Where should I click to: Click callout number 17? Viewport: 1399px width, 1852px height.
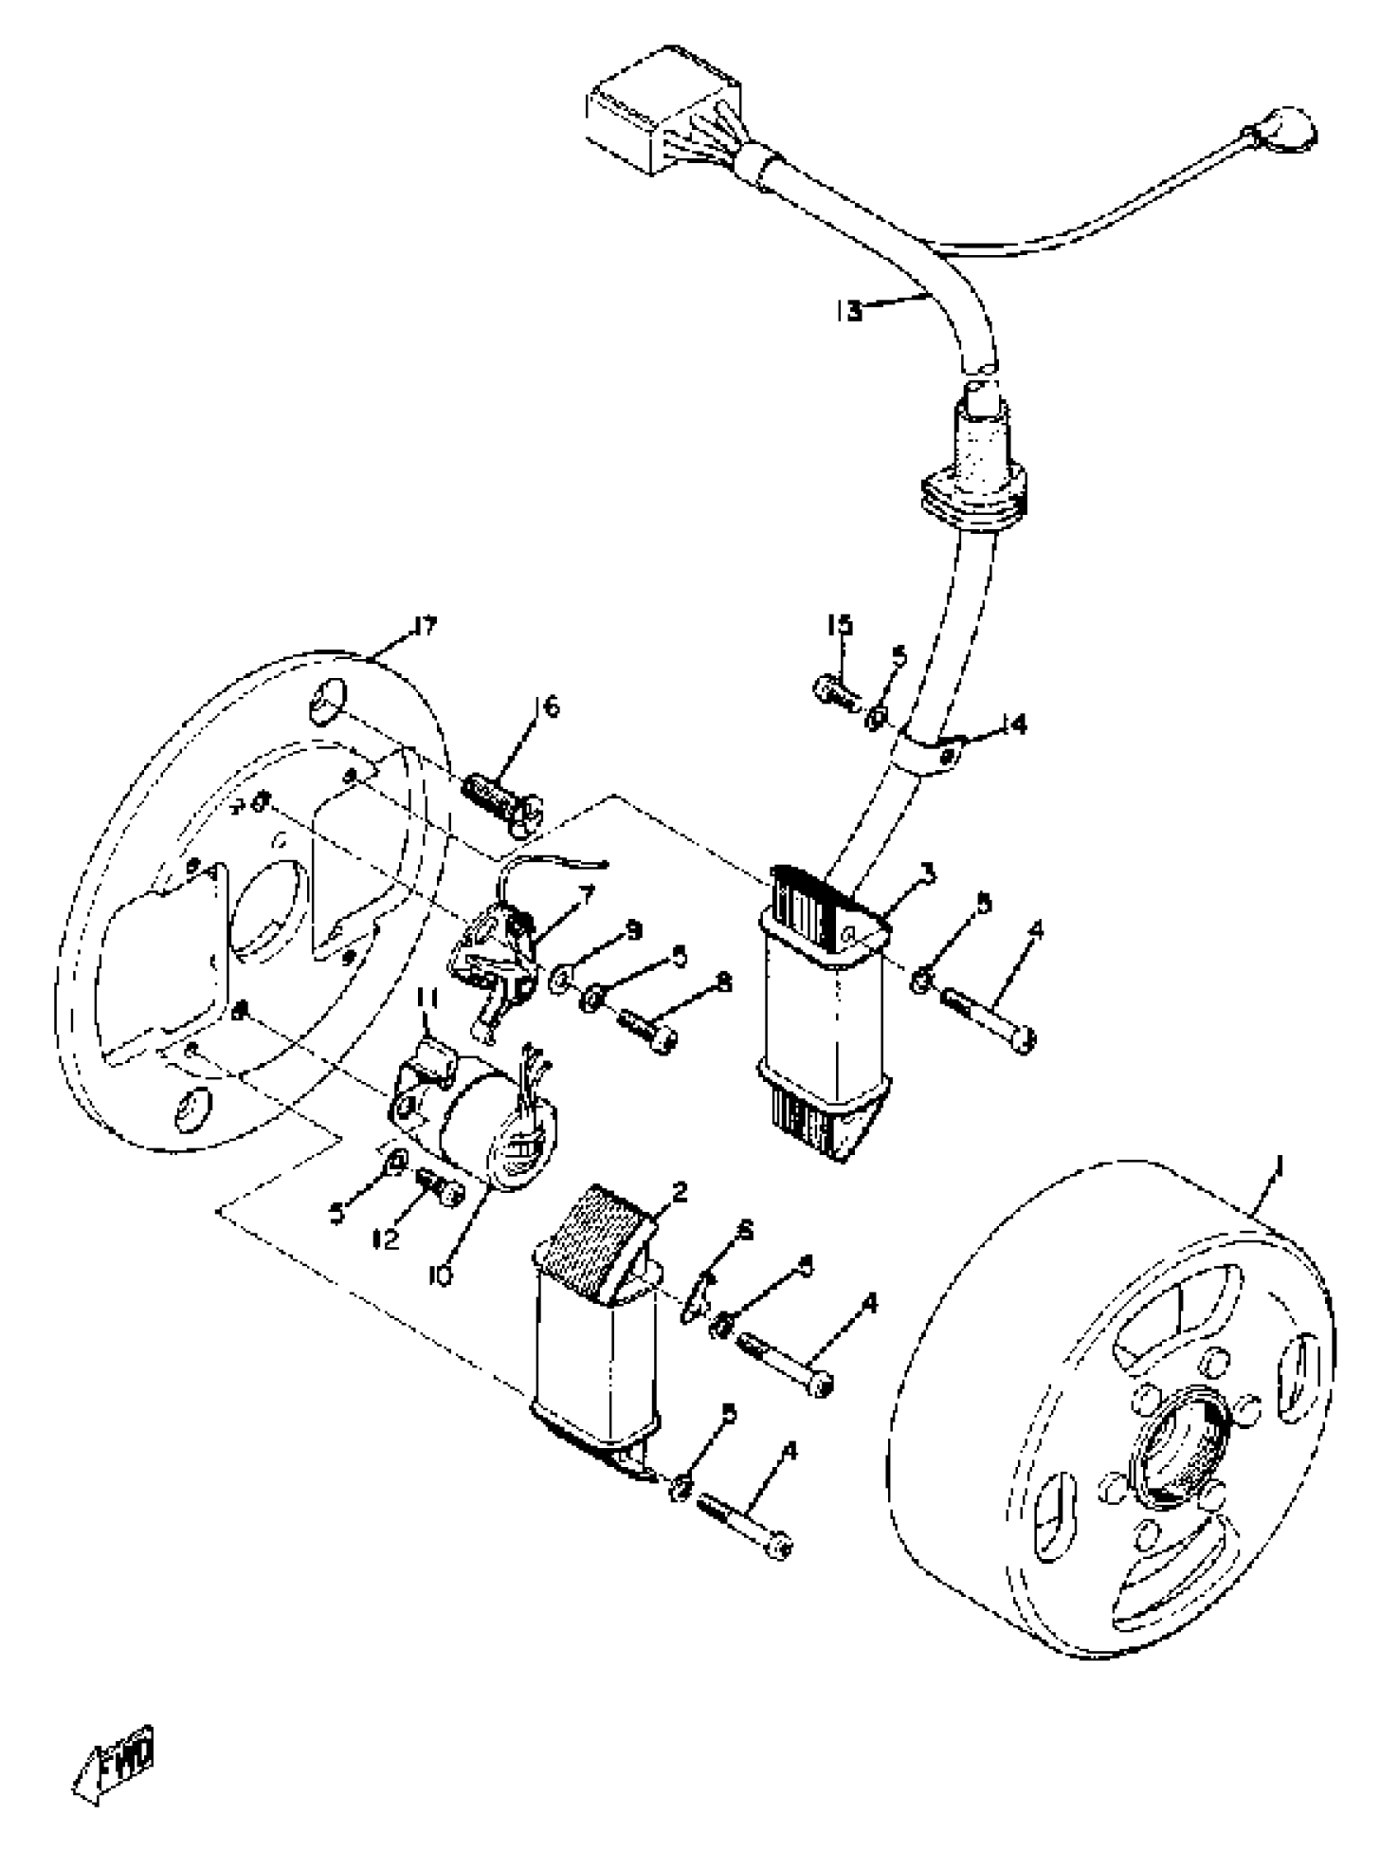coord(425,626)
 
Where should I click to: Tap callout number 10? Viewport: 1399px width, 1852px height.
coord(441,1274)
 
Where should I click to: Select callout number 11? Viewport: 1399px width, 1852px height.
coord(427,1023)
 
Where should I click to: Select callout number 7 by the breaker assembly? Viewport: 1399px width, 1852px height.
coord(585,897)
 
